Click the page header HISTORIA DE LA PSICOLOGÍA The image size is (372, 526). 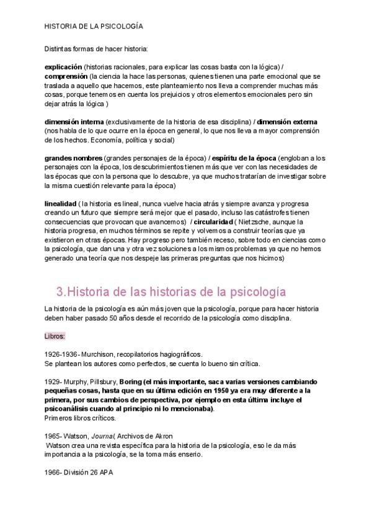point(94,27)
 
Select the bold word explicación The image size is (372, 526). point(63,66)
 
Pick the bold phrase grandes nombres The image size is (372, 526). point(73,158)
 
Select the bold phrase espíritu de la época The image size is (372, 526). point(241,158)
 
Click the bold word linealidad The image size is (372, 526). point(61,203)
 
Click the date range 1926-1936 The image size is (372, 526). point(60,354)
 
